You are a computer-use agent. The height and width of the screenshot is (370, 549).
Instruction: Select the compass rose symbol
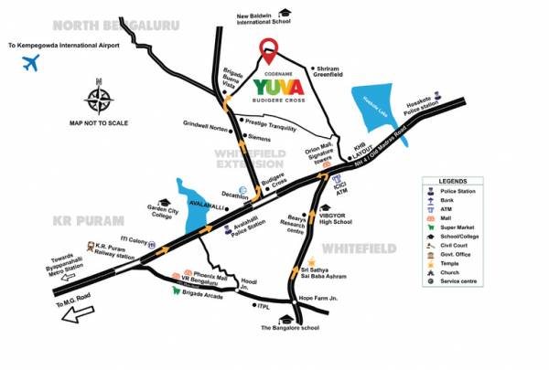tap(99, 97)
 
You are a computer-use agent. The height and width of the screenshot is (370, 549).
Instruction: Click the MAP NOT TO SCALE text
tap(100, 122)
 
